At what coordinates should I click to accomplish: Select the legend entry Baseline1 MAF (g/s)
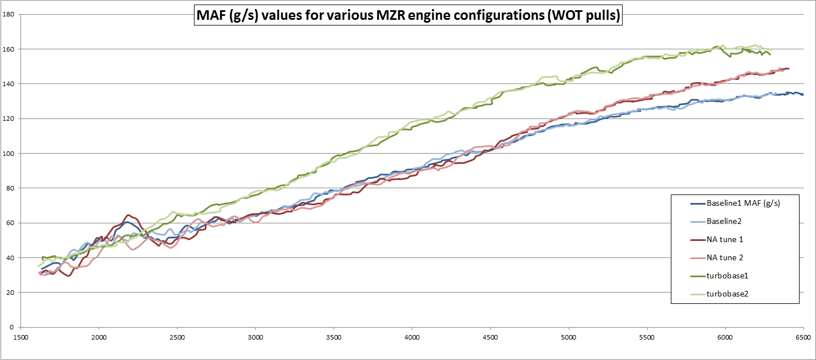(x=743, y=203)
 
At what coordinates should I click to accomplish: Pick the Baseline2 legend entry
(x=724, y=221)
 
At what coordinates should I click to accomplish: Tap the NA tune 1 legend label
(x=725, y=239)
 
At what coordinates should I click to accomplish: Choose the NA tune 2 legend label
(x=725, y=257)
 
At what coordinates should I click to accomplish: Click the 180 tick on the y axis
(x=9, y=14)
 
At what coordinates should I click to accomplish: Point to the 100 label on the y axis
(x=9, y=153)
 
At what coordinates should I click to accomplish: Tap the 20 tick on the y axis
(x=11, y=293)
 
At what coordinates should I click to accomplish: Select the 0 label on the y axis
(x=12, y=327)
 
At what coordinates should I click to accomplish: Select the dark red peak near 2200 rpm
(x=128, y=215)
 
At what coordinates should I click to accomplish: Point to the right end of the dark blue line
(x=803, y=94)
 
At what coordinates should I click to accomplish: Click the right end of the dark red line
(x=789, y=69)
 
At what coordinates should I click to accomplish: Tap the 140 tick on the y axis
(x=9, y=84)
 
